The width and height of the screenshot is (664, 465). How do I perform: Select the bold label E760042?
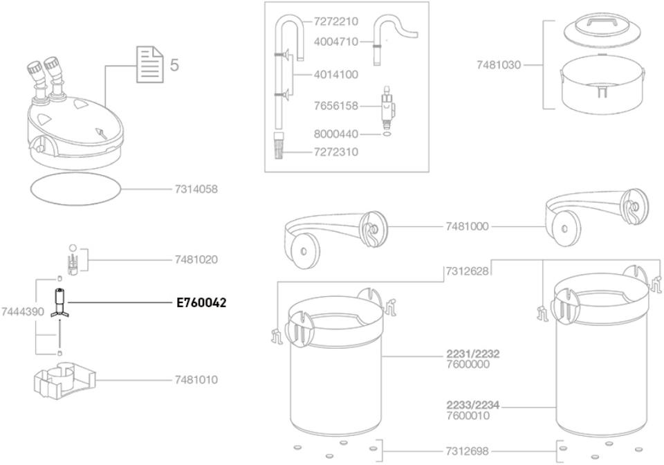point(201,302)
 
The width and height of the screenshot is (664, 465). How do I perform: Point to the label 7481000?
point(468,226)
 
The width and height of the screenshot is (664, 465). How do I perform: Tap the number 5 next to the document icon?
point(174,66)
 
